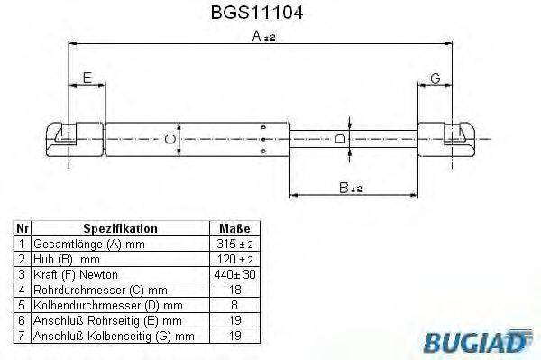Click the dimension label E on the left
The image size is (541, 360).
(x=87, y=78)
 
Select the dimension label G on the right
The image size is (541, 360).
(x=435, y=78)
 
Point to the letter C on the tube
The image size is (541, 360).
(x=169, y=139)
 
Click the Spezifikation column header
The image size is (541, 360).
(x=120, y=229)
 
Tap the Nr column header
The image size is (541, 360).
(x=22, y=229)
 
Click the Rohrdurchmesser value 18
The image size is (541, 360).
(x=234, y=289)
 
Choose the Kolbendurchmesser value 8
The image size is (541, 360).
(x=234, y=304)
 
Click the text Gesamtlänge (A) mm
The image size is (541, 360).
(x=87, y=245)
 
